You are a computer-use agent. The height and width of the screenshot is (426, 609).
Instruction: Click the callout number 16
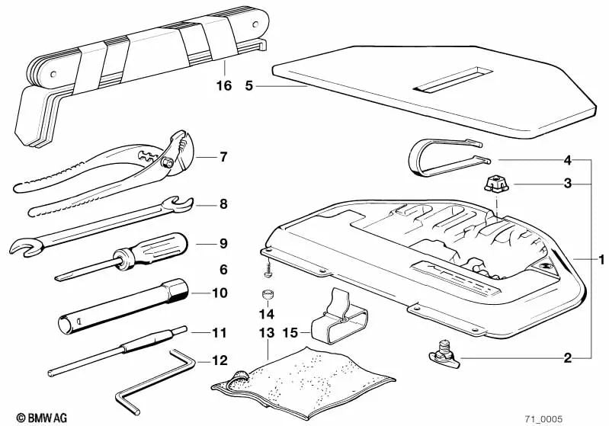pyautogui.click(x=224, y=85)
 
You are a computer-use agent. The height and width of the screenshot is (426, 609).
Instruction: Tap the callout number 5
pyautogui.click(x=249, y=85)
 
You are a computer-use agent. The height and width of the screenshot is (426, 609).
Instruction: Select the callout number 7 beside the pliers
pyautogui.click(x=223, y=157)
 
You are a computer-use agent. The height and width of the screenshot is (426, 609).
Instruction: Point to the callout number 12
pyautogui.click(x=220, y=360)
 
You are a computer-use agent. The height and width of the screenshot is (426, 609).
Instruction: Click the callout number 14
pyautogui.click(x=267, y=314)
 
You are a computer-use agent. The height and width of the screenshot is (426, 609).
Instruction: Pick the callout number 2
pyautogui.click(x=567, y=358)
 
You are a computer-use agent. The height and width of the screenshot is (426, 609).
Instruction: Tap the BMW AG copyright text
pyautogui.click(x=42, y=418)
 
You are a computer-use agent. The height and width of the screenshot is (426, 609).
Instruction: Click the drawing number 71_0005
pyautogui.click(x=543, y=419)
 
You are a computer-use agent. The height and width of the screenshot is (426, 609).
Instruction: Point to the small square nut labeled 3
pyautogui.click(x=496, y=184)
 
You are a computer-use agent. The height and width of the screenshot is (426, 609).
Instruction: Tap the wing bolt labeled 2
pyautogui.click(x=444, y=354)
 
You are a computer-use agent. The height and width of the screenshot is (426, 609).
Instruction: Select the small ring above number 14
pyautogui.click(x=267, y=295)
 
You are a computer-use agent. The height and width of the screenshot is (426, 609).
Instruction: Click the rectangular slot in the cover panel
pyautogui.click(x=453, y=80)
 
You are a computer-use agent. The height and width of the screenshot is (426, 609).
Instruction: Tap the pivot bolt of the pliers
pyautogui.click(x=168, y=162)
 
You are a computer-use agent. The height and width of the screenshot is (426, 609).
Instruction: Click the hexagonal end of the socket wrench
pyautogui.click(x=177, y=290)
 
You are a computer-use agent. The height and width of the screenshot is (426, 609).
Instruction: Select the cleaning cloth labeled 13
pyautogui.click(x=303, y=383)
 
